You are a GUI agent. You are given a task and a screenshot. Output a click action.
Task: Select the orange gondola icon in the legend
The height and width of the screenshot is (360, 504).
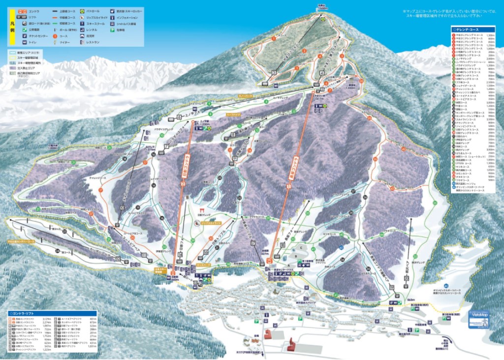coord(24,10)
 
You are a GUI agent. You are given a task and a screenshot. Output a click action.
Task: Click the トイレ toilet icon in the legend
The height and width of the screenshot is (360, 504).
coord(24,42)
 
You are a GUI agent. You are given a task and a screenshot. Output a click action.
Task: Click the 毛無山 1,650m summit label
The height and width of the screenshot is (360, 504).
coord(322,7)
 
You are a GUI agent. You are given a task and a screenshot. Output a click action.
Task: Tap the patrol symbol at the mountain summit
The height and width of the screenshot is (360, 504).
coord(323,20)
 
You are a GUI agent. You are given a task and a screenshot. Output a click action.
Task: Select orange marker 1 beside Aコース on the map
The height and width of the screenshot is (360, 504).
coord(273,38)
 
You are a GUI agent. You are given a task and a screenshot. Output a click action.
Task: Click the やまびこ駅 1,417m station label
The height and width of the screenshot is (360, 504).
coord(318,97)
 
